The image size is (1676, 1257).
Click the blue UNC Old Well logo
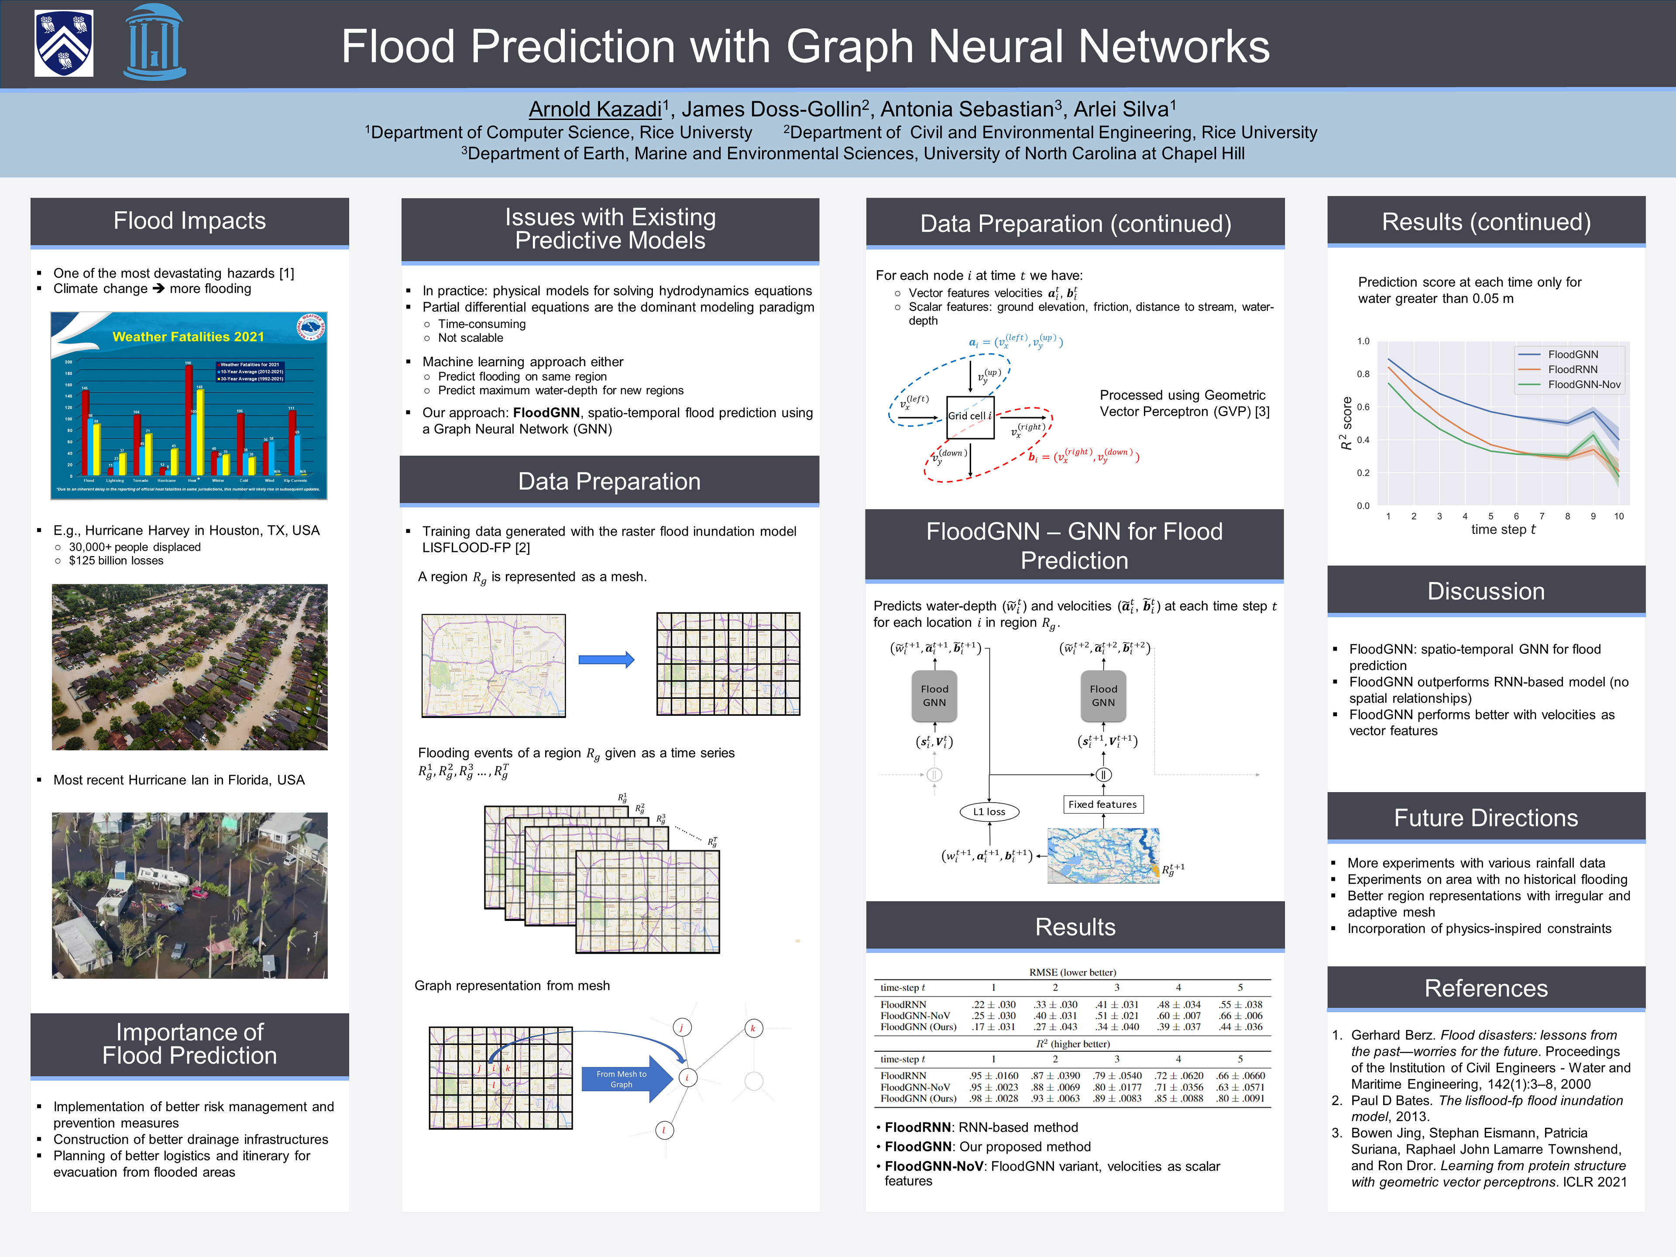coord(155,43)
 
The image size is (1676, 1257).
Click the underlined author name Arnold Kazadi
coord(595,109)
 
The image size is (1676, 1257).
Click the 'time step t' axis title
coord(1502,529)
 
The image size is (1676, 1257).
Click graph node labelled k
coord(752,1028)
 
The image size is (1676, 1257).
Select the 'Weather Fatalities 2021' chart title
coord(188,337)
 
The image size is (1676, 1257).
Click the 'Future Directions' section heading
coord(1485,818)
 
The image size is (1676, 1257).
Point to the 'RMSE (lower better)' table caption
coord(1072,972)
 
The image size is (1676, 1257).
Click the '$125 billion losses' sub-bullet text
coord(116,561)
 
